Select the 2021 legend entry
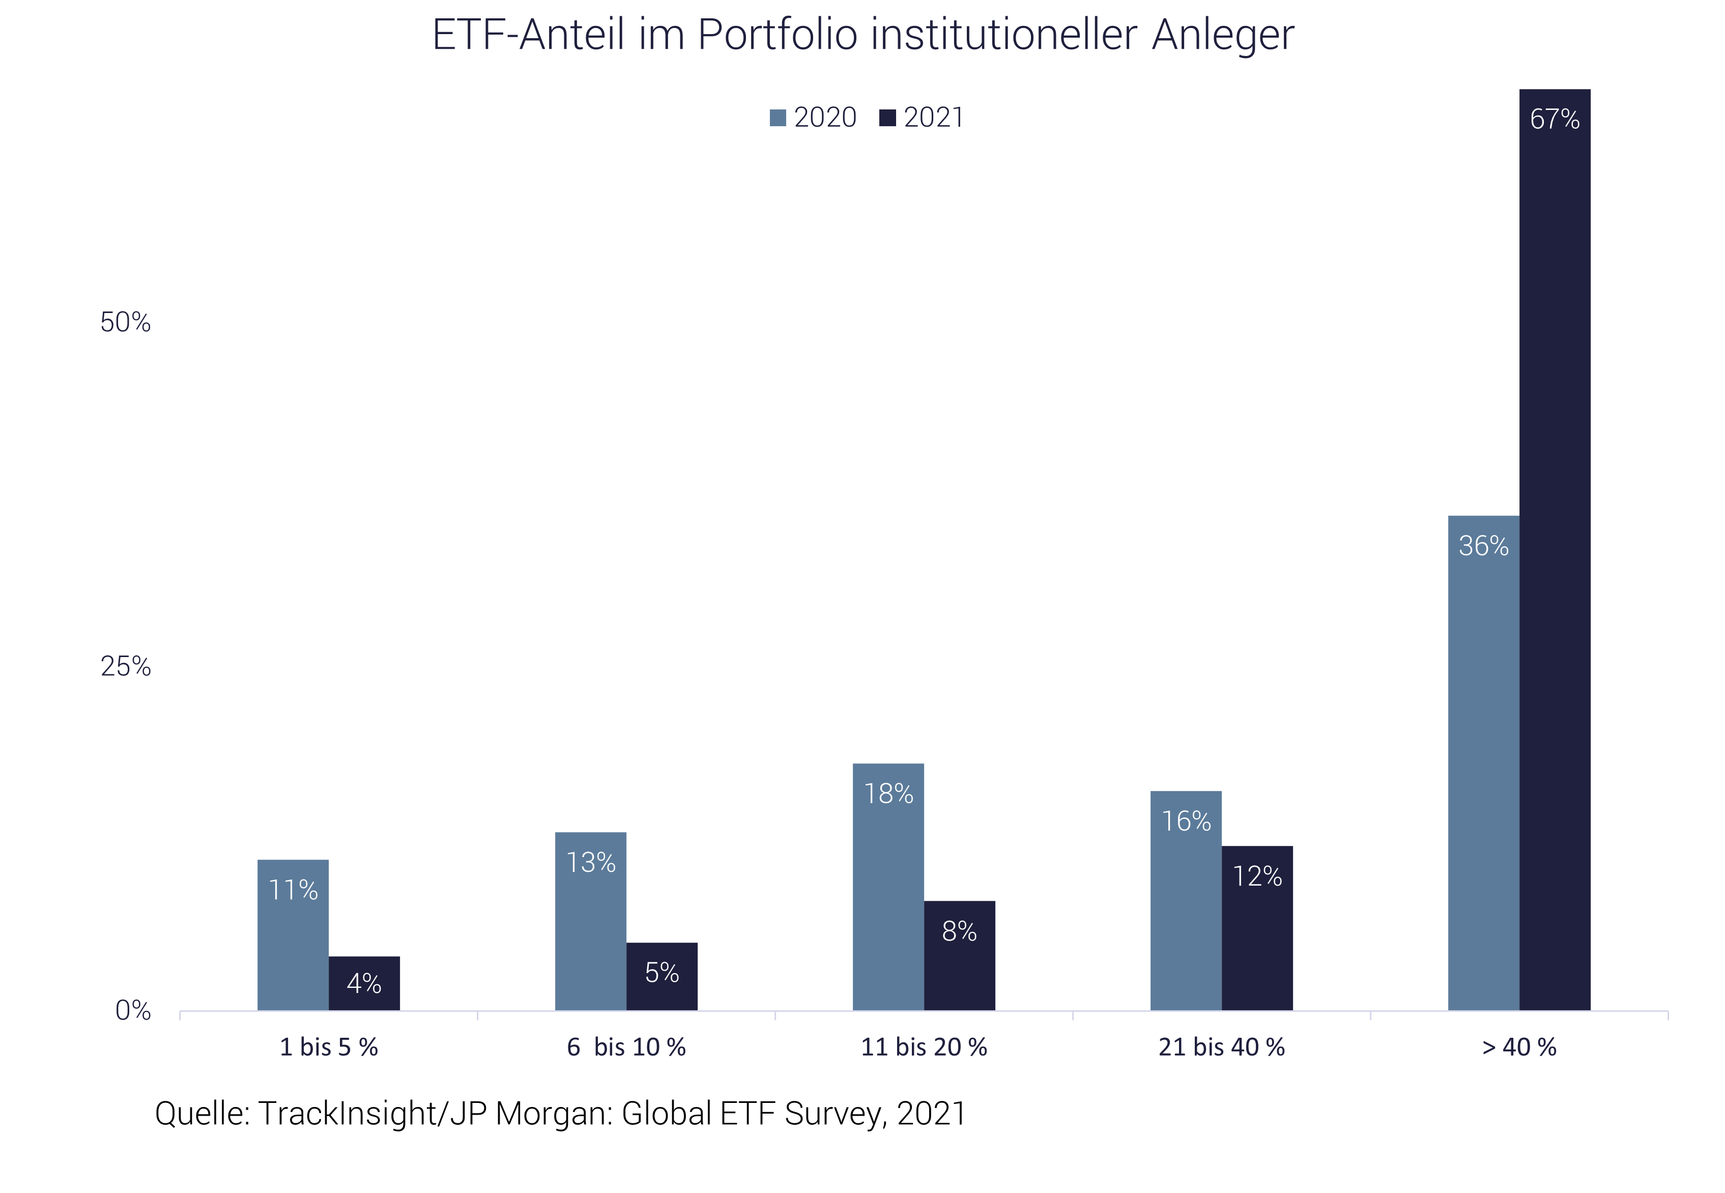pos(923,118)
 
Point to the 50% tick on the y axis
pos(126,322)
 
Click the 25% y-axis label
pos(126,666)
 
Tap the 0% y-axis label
pos(133,1011)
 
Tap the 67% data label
pos(1555,119)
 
